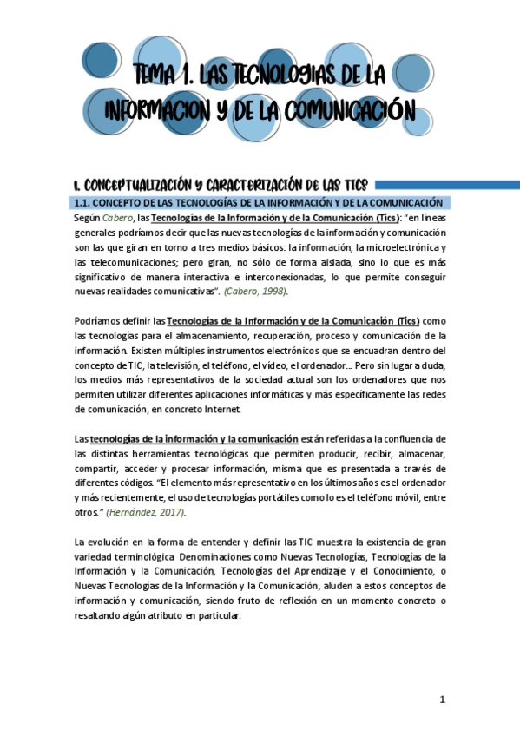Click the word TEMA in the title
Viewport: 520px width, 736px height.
(x=159, y=78)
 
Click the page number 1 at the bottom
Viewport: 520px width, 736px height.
(x=442, y=700)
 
